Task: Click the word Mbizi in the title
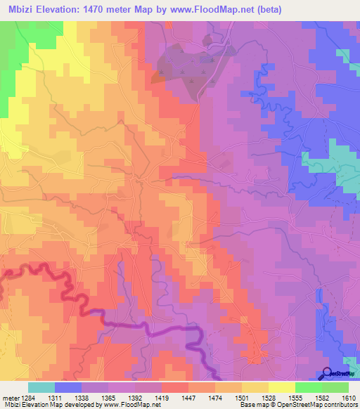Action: pyautogui.click(x=19, y=9)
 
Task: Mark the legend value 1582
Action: pyautogui.click(x=307, y=398)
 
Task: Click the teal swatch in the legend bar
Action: pyautogui.click(x=41, y=387)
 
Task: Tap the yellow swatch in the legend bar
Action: pyautogui.click(x=281, y=387)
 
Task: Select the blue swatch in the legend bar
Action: pyautogui.click(x=68, y=387)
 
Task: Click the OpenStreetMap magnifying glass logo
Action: pyautogui.click(x=328, y=374)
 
